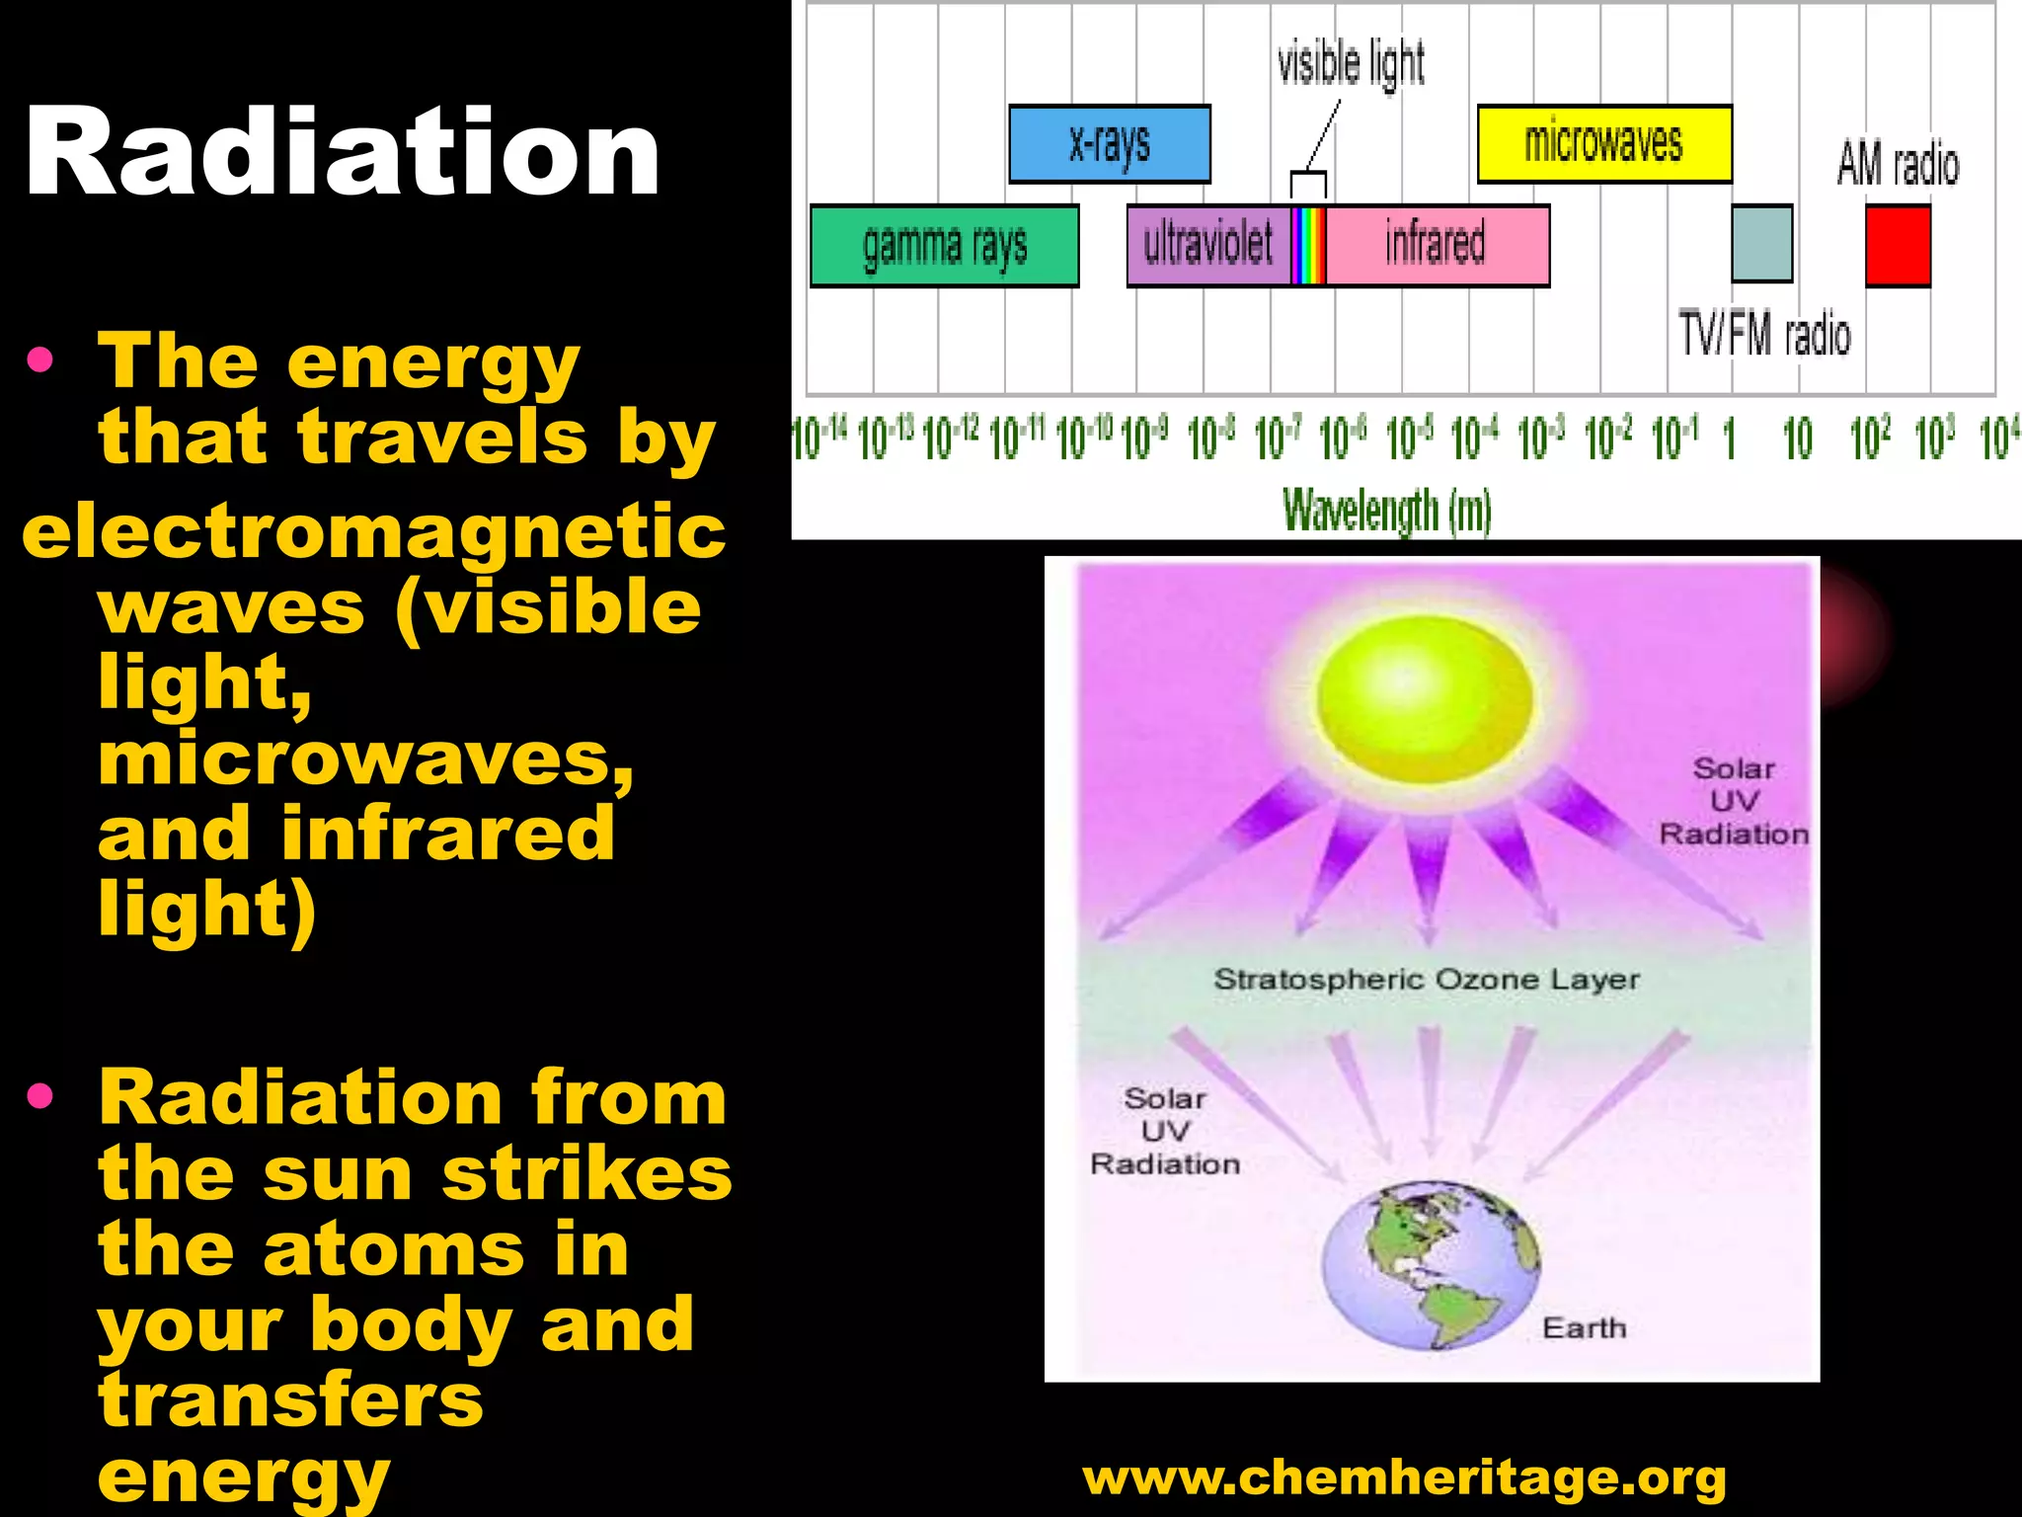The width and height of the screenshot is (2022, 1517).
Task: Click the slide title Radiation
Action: pos(342,153)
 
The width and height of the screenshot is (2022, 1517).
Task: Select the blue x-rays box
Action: pos(1109,144)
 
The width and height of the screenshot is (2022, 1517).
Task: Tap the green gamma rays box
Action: pos(944,246)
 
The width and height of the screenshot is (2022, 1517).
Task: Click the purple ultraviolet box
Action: pos(1207,246)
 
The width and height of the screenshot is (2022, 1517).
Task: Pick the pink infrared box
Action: pos(1436,246)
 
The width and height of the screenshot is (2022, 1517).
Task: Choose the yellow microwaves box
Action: pos(1603,144)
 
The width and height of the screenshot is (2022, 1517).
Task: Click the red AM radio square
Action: pos(1898,245)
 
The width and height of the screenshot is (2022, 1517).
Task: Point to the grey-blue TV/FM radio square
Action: pos(1761,244)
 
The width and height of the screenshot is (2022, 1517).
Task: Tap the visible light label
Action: pos(1351,63)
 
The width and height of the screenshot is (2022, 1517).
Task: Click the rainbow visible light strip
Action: pos(1308,246)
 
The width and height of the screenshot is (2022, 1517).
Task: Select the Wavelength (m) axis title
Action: pos(1386,511)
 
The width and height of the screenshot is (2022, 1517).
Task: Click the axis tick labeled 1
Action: pos(1729,439)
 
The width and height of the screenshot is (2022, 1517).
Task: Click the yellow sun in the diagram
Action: pos(1425,698)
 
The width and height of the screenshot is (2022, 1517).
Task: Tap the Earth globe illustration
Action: pos(1430,1266)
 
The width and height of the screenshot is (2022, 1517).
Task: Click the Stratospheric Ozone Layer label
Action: pos(1426,980)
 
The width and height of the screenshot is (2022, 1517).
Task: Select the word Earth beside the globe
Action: pos(1584,1328)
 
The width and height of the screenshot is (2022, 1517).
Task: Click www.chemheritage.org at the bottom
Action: pos(1404,1477)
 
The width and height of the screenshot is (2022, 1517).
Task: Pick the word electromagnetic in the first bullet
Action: pos(373,531)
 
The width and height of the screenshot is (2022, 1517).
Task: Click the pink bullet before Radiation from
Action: pos(40,1095)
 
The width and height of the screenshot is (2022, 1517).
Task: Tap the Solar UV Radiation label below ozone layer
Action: pos(1165,1132)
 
